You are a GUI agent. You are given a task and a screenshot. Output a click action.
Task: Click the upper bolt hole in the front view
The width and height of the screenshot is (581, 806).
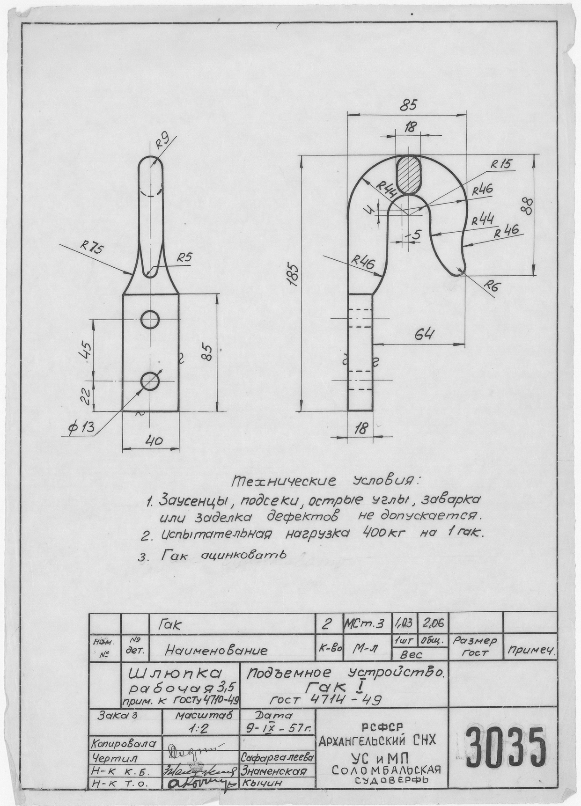[151, 319]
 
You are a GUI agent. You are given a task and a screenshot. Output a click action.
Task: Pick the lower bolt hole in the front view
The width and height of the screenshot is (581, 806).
[151, 381]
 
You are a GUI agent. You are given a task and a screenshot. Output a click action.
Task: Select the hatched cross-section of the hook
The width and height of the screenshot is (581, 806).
[409, 174]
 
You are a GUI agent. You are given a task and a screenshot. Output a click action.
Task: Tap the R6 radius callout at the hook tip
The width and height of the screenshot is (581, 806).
[490, 285]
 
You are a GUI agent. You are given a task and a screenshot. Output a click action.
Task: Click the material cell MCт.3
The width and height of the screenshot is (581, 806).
[364, 623]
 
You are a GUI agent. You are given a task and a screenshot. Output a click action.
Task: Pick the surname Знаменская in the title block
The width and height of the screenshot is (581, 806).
[274, 771]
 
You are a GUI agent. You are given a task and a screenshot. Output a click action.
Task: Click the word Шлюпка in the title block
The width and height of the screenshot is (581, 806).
[174, 674]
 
